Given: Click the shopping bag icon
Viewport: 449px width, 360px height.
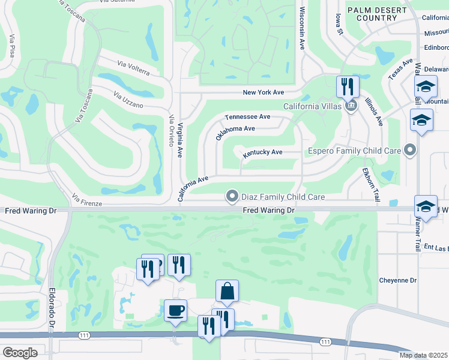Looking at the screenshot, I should tap(227, 292).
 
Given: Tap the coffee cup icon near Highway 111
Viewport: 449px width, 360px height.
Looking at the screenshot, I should tap(175, 311).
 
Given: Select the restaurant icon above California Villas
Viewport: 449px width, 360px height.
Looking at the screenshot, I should tap(348, 87).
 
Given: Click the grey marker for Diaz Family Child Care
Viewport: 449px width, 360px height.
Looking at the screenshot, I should tap(232, 196).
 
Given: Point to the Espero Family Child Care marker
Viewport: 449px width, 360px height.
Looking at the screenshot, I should tap(411, 150).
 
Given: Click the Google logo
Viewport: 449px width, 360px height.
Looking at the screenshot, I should tap(20, 352).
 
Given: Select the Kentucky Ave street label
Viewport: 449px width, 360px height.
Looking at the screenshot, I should tap(262, 152).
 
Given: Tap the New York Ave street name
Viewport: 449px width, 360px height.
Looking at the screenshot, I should tap(263, 92).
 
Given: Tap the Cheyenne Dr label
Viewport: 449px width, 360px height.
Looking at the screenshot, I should tap(397, 280).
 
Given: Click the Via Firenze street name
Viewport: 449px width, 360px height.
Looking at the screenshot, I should tap(87, 200).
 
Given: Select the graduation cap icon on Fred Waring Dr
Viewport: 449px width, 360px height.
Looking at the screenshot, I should tap(426, 207).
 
